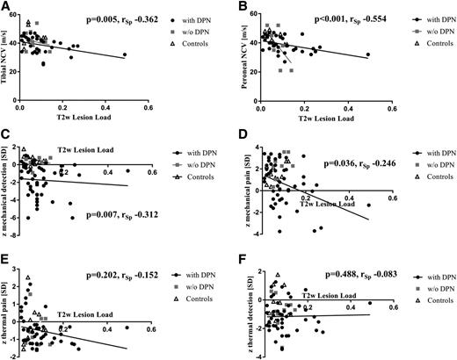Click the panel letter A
(6, 7)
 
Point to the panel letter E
(6, 256)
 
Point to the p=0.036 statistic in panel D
(359, 162)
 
